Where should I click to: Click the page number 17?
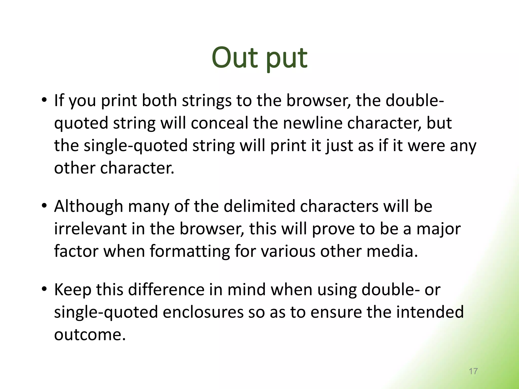(473, 371)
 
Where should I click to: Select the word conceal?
(219, 123)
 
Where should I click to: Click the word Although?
(88, 206)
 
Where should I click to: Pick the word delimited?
(259, 206)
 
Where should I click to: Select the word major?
(438, 229)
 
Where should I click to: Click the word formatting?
(190, 251)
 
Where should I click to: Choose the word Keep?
(73, 290)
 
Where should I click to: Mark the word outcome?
(90, 335)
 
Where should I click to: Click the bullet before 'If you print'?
(44, 100)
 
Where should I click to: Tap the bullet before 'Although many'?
(44, 205)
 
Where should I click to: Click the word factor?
(76, 251)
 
